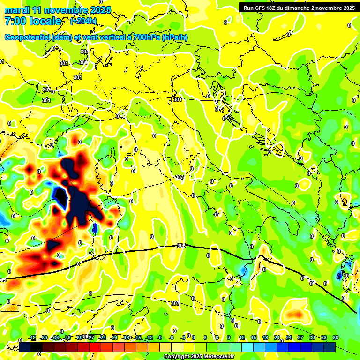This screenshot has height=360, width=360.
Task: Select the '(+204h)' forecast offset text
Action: coord(83,21)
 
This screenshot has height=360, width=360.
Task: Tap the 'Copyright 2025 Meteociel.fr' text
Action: coord(199,356)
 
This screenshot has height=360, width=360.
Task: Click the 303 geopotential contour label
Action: coord(179,177)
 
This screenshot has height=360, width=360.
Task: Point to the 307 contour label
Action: coord(175,304)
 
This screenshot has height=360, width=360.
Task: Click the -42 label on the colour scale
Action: coord(32,337)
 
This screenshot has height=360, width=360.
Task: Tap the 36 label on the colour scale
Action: coord(336,337)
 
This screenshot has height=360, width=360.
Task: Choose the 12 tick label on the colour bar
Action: coord(241,337)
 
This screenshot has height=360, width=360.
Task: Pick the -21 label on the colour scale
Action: coord(114,337)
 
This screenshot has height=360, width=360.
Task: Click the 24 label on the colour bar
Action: coord(288,337)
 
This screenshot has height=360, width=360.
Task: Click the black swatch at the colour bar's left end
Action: coord(25,347)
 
